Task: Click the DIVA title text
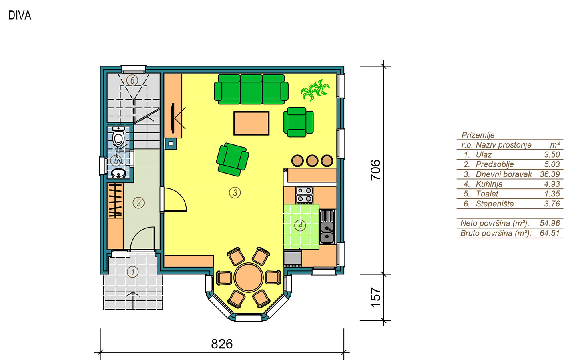[x=20, y=15]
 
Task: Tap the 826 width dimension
[x=222, y=344]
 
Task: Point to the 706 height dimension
[x=375, y=170]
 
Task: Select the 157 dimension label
[x=375, y=297]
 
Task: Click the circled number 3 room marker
[x=235, y=193]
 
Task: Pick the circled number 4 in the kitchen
[x=300, y=225]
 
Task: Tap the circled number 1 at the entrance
[x=132, y=272]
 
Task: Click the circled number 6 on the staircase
[x=132, y=80]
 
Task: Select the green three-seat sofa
[x=251, y=89]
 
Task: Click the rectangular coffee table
[x=251, y=123]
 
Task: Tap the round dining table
[x=248, y=277]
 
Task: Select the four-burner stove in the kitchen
[x=304, y=195]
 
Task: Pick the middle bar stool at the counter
[x=312, y=161]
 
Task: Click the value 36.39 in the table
[x=550, y=174]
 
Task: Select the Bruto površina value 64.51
[x=550, y=233]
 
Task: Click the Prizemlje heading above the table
[x=478, y=135]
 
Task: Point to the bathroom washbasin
[x=118, y=174]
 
